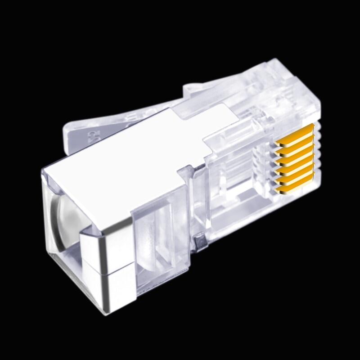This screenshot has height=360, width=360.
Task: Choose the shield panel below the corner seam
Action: point(112,290)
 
